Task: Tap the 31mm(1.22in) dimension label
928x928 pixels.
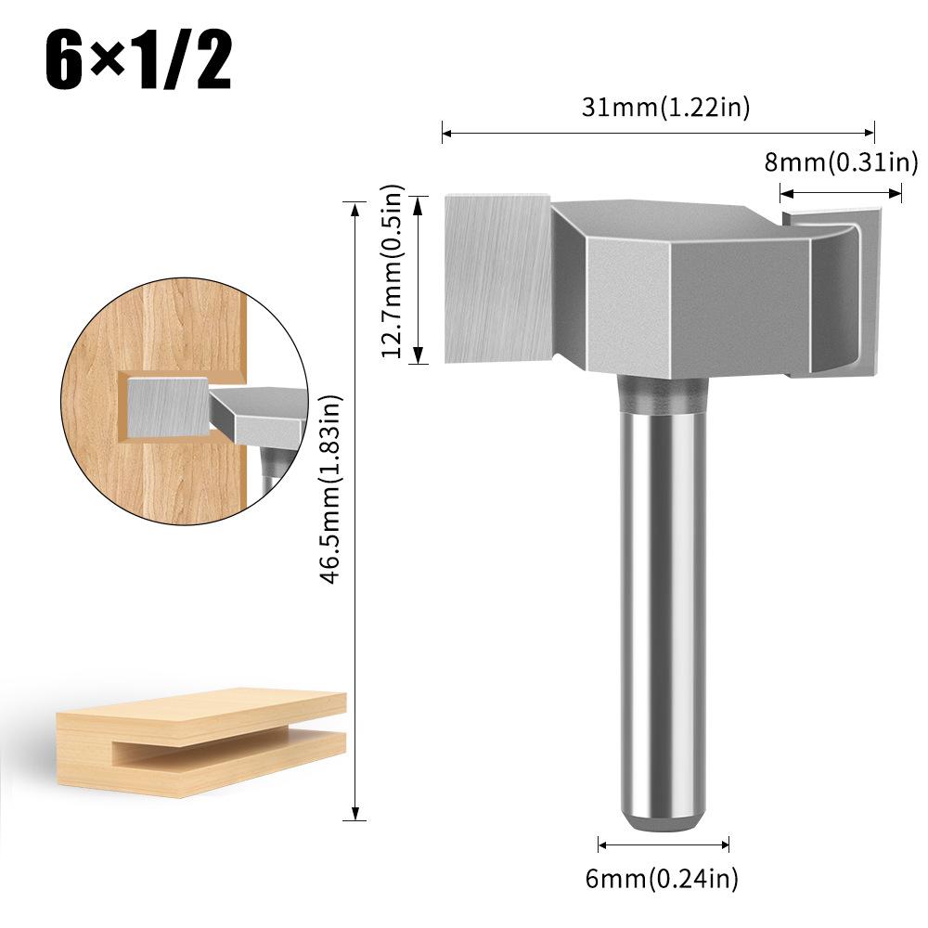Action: click(665, 107)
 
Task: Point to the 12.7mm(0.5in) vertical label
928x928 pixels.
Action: click(393, 273)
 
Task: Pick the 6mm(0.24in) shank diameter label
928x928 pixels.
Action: click(663, 877)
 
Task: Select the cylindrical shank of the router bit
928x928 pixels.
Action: click(663, 603)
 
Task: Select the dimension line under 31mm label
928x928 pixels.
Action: click(658, 134)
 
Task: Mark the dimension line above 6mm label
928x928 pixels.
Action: click(663, 844)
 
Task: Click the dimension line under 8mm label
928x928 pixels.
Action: click(841, 193)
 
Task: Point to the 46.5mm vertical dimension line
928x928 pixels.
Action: click(354, 510)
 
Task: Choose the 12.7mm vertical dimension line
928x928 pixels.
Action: click(419, 278)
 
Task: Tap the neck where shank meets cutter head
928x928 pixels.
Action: click(663, 394)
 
